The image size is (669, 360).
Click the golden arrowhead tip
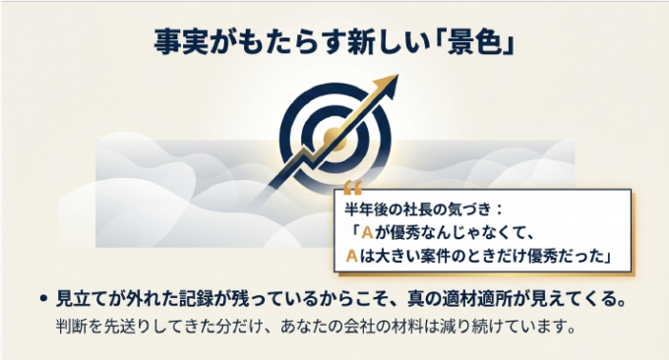tap(397, 75)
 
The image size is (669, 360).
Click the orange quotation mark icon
tap(352, 187)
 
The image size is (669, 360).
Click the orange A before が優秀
tap(367, 233)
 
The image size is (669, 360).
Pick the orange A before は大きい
tap(351, 257)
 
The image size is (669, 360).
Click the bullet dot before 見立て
tap(42, 299)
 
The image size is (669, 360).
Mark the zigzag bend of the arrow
tap(306, 153)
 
